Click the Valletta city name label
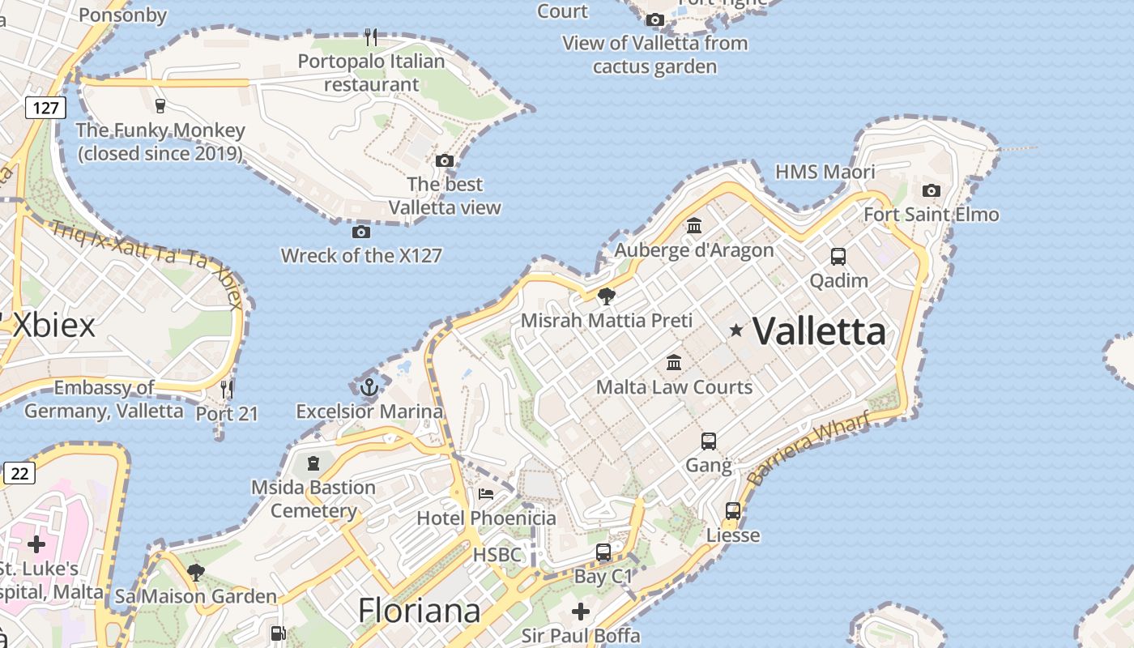[819, 331]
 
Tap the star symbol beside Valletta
[735, 330]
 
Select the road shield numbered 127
[45, 107]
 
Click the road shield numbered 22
[19, 473]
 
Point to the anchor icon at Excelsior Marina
[369, 387]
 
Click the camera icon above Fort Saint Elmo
[932, 191]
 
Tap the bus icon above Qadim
[838, 257]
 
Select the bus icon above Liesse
[733, 511]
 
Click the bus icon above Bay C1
[603, 552]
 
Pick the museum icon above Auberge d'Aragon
[694, 226]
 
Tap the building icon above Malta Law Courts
[674, 362]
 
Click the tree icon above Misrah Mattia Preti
[606, 296]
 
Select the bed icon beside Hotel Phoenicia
[485, 493]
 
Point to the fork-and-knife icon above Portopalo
[371, 36]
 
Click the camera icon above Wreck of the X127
[361, 232]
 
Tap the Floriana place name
[420, 610]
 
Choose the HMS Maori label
[825, 172]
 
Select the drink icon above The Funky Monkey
[160, 105]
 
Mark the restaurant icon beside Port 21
[227, 390]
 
